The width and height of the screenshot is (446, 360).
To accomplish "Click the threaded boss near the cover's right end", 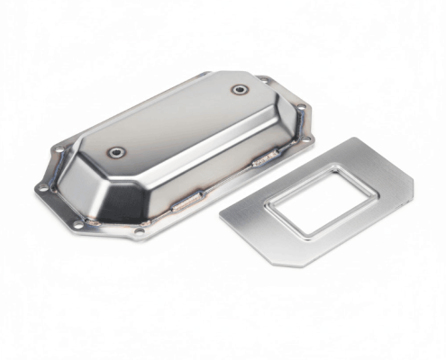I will click(x=239, y=89).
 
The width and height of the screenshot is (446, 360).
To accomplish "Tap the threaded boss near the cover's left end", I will click(x=117, y=152).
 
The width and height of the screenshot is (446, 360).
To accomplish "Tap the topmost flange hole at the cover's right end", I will click(x=262, y=80).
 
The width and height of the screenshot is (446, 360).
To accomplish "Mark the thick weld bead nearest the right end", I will click(x=264, y=161).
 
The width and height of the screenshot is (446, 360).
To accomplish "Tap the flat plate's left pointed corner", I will click(x=222, y=214).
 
